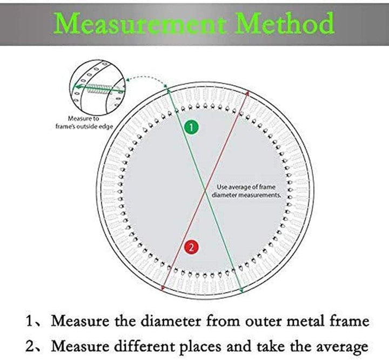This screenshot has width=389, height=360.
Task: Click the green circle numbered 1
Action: [x=191, y=127]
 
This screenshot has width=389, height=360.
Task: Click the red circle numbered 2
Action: [x=191, y=247]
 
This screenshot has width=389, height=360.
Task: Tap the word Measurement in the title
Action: [x=140, y=24]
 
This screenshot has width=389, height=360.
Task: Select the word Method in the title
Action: [x=285, y=23]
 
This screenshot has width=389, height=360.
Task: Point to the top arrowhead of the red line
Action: [x=247, y=93]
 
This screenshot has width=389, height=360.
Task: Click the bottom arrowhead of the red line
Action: [x=163, y=288]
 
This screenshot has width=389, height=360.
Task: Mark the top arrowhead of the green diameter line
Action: [x=169, y=91]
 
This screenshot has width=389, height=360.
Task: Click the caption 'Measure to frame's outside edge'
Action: [x=84, y=123]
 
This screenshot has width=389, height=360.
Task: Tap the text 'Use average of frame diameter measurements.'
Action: [x=246, y=191]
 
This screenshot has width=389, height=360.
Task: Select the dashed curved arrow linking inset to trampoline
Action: [x=147, y=78]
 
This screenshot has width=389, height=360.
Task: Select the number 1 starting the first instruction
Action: [x=30, y=321]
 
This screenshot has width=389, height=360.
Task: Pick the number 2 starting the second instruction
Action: [x=30, y=346]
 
